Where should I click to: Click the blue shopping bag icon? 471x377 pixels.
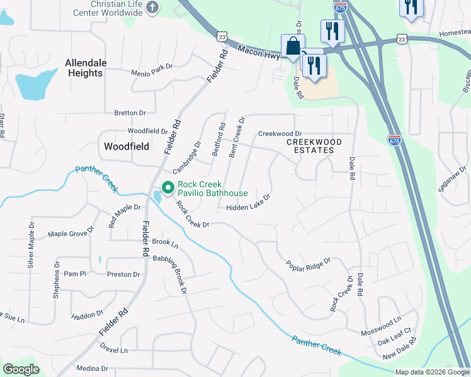[293, 46]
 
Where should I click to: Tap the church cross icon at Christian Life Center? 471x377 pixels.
[152, 8]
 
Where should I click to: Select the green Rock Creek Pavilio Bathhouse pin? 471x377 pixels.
[167, 187]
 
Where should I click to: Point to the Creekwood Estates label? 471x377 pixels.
[314, 146]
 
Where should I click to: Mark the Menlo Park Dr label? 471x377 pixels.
[151, 69]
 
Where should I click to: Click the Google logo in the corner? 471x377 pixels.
[21, 369]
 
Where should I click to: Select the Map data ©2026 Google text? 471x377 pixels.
[432, 372]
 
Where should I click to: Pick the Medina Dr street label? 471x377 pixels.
[92, 368]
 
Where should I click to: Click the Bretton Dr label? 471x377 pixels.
[130, 113]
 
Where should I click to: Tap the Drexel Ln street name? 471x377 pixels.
[114, 350]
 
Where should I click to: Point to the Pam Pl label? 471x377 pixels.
[74, 274]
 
